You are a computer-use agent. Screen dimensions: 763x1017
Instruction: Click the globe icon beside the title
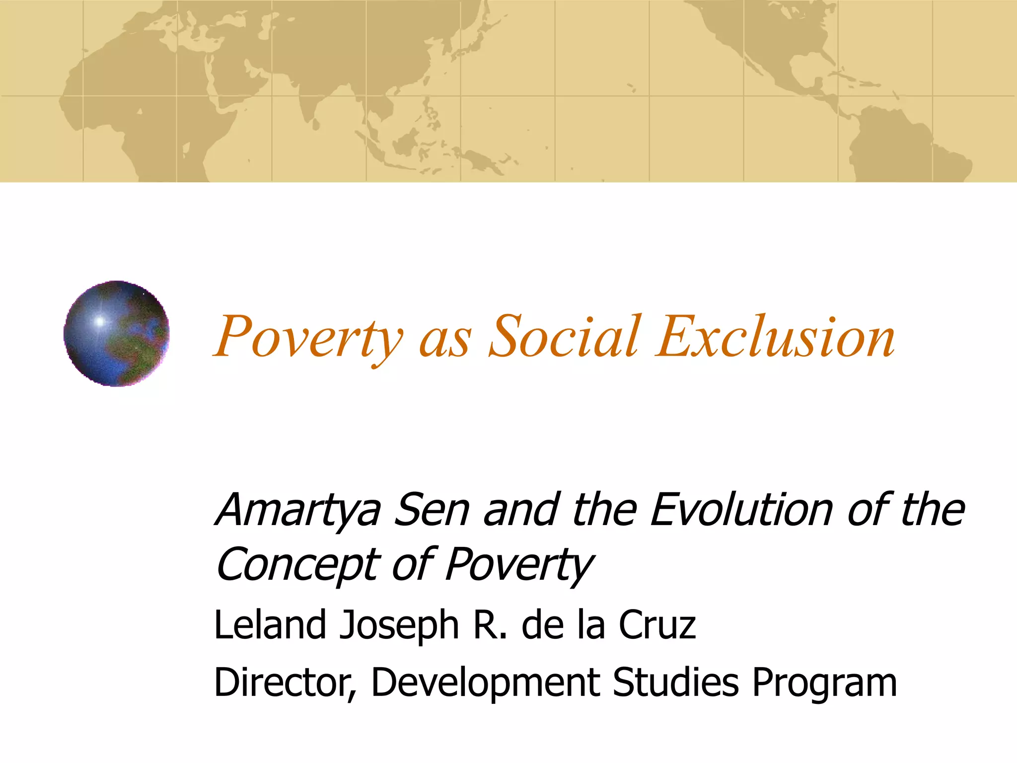pyautogui.click(x=117, y=333)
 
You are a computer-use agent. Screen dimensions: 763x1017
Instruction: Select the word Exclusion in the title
pyautogui.click(x=775, y=336)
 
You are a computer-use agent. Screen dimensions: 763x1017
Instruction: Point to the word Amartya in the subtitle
pyautogui.click(x=298, y=511)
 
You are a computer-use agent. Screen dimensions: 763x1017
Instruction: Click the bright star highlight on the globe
pyautogui.click(x=100, y=321)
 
